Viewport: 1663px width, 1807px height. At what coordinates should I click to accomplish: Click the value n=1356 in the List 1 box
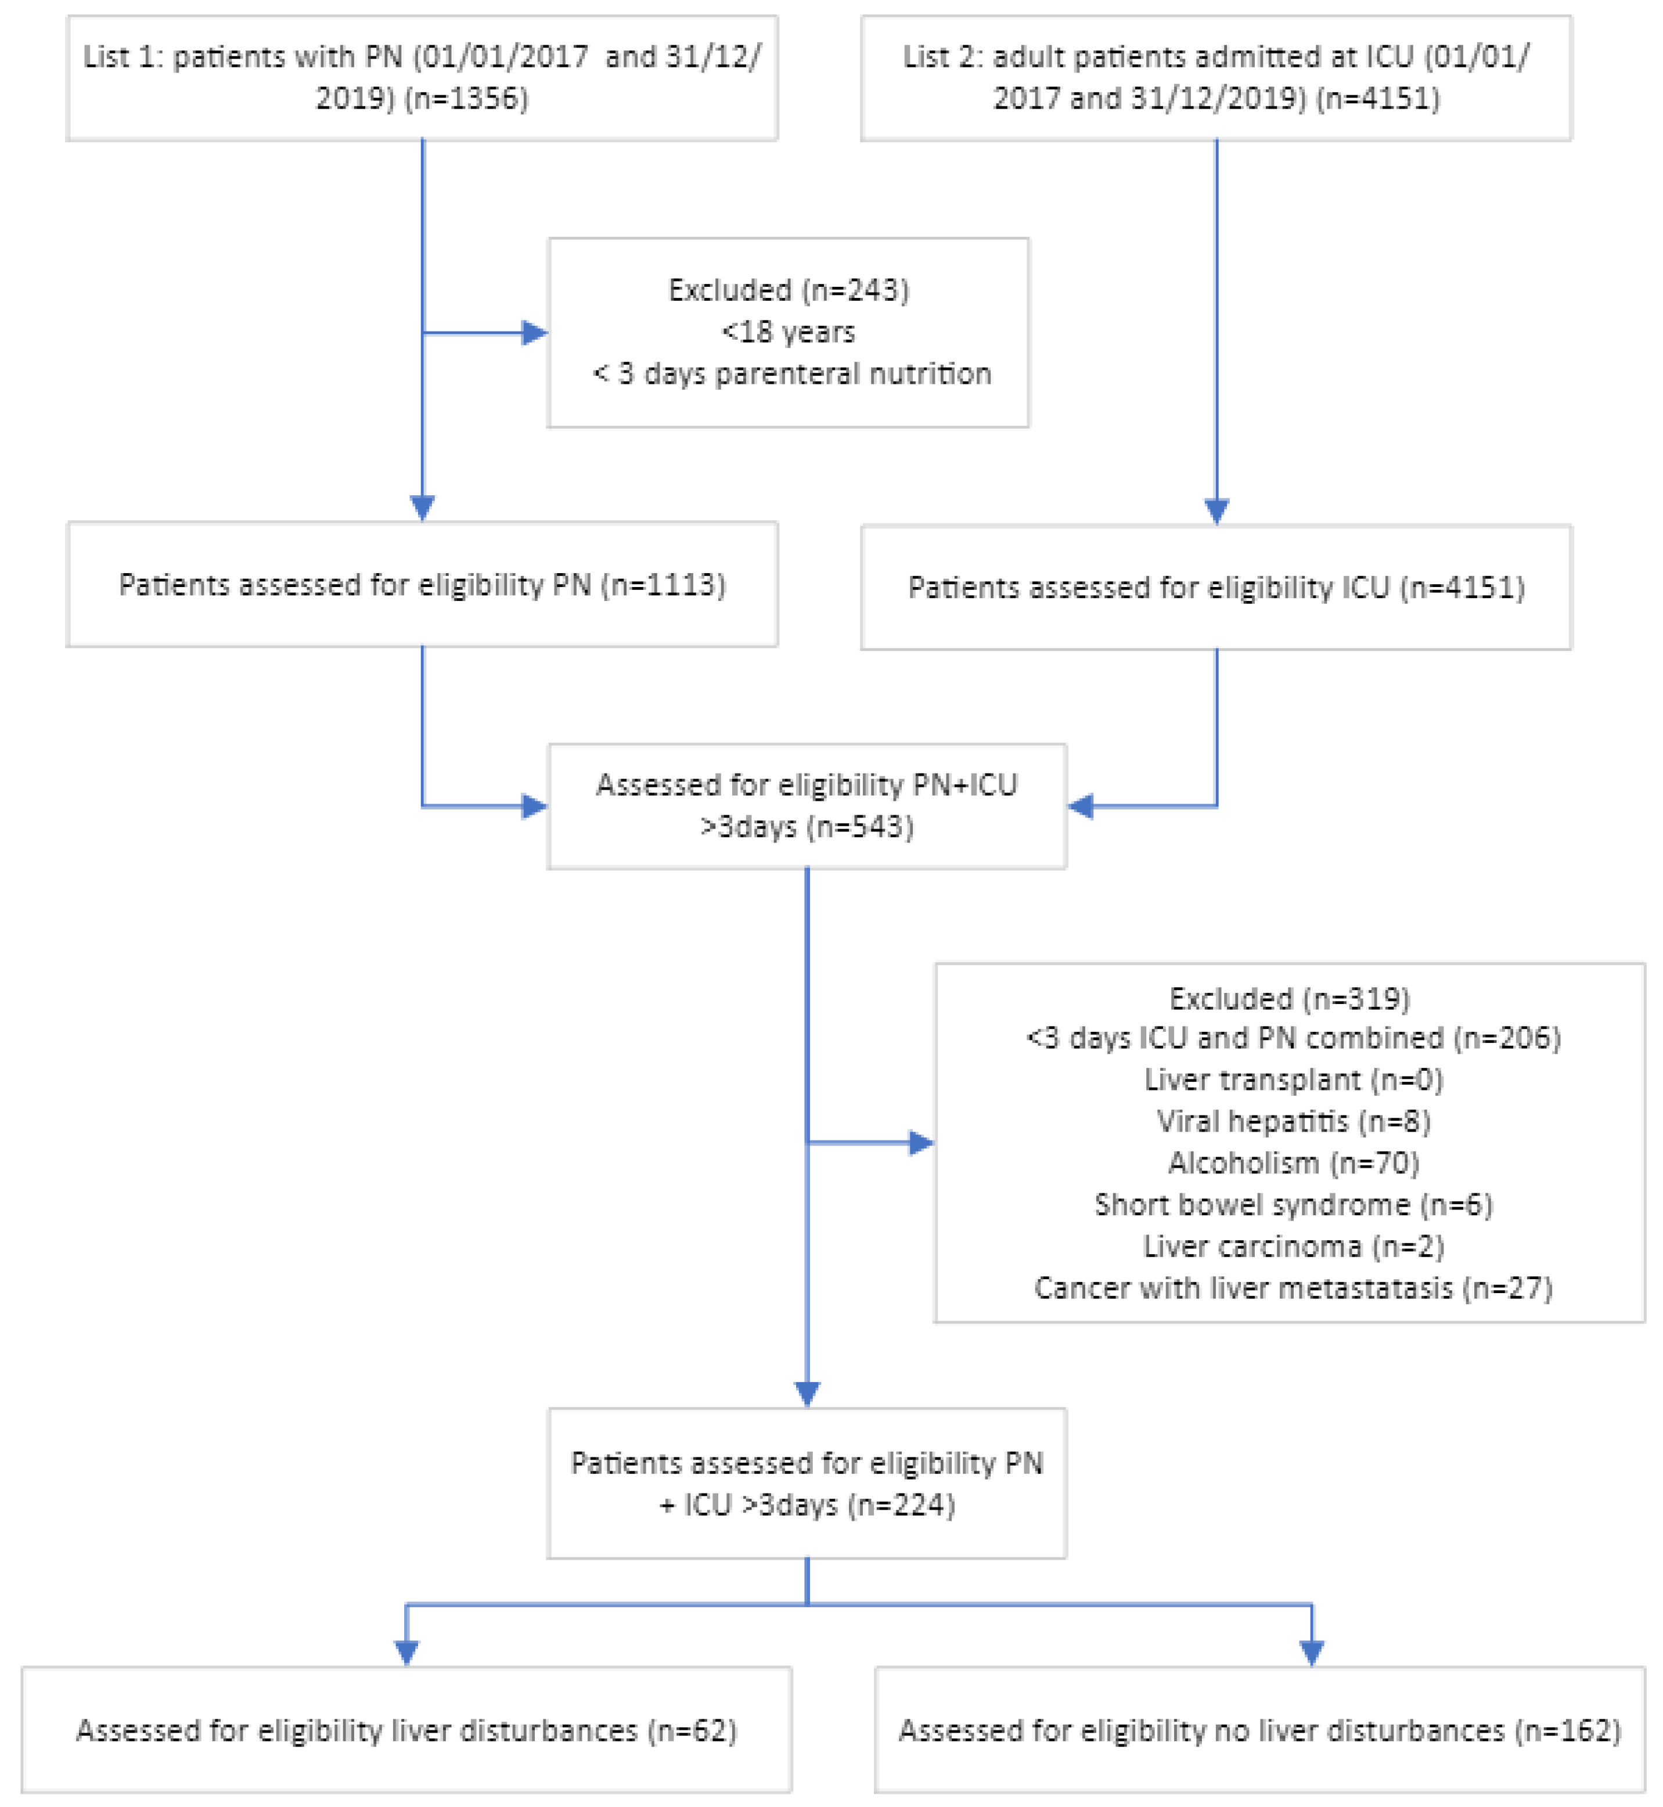click(466, 98)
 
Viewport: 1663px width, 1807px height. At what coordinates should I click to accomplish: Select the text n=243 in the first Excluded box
click(858, 290)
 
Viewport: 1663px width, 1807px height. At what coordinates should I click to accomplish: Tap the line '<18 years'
click(789, 332)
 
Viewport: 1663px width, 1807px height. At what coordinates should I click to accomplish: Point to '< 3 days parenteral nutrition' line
click(791, 373)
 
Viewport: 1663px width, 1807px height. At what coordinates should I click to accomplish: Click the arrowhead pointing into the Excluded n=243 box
click(535, 333)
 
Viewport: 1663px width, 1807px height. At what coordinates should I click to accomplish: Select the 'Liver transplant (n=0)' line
click(1293, 1080)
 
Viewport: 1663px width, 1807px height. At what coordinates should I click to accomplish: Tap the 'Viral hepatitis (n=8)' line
click(1293, 1121)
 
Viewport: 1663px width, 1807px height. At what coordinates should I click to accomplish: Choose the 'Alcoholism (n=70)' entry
click(1293, 1162)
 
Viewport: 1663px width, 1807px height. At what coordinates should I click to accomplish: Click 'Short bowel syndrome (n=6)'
click(1293, 1204)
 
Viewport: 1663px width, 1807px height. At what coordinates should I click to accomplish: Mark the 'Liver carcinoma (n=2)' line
click(1293, 1246)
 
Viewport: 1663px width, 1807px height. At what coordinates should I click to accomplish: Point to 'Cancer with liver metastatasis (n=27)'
click(1293, 1288)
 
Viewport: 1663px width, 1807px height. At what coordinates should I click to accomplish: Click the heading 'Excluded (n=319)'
click(1290, 998)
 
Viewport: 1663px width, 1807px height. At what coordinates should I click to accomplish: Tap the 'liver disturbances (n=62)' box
click(407, 1730)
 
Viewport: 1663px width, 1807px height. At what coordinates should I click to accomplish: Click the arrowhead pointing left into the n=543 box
click(1081, 807)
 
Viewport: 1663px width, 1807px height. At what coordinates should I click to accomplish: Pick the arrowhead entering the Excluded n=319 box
click(922, 1143)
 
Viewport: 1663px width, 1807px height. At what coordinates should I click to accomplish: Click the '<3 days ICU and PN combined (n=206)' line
click(1293, 1038)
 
